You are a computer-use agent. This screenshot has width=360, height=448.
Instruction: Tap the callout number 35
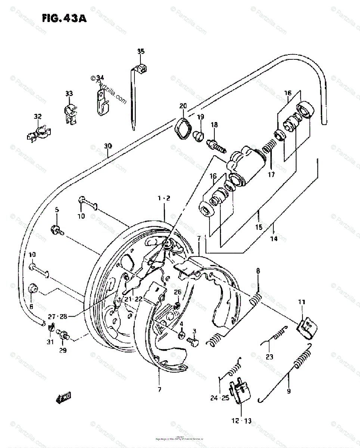pyautogui.click(x=140, y=52)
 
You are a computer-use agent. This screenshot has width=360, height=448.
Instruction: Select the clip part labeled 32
pyautogui.click(x=39, y=132)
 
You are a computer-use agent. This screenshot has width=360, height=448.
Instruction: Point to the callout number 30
pyautogui.click(x=108, y=146)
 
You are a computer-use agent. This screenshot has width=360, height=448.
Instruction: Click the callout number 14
pyautogui.click(x=274, y=239)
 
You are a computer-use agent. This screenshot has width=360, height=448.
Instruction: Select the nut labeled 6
pyautogui.click(x=32, y=290)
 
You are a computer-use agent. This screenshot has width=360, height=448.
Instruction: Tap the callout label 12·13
pyautogui.click(x=241, y=421)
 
